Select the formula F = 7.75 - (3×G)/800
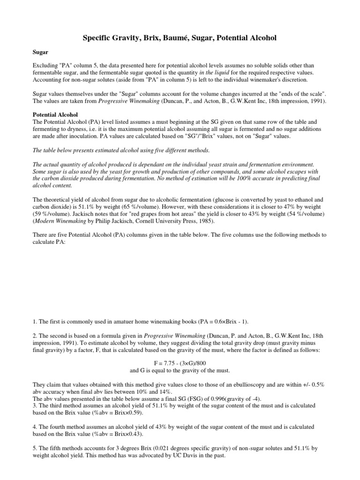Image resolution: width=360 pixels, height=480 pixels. coord(180,363)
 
